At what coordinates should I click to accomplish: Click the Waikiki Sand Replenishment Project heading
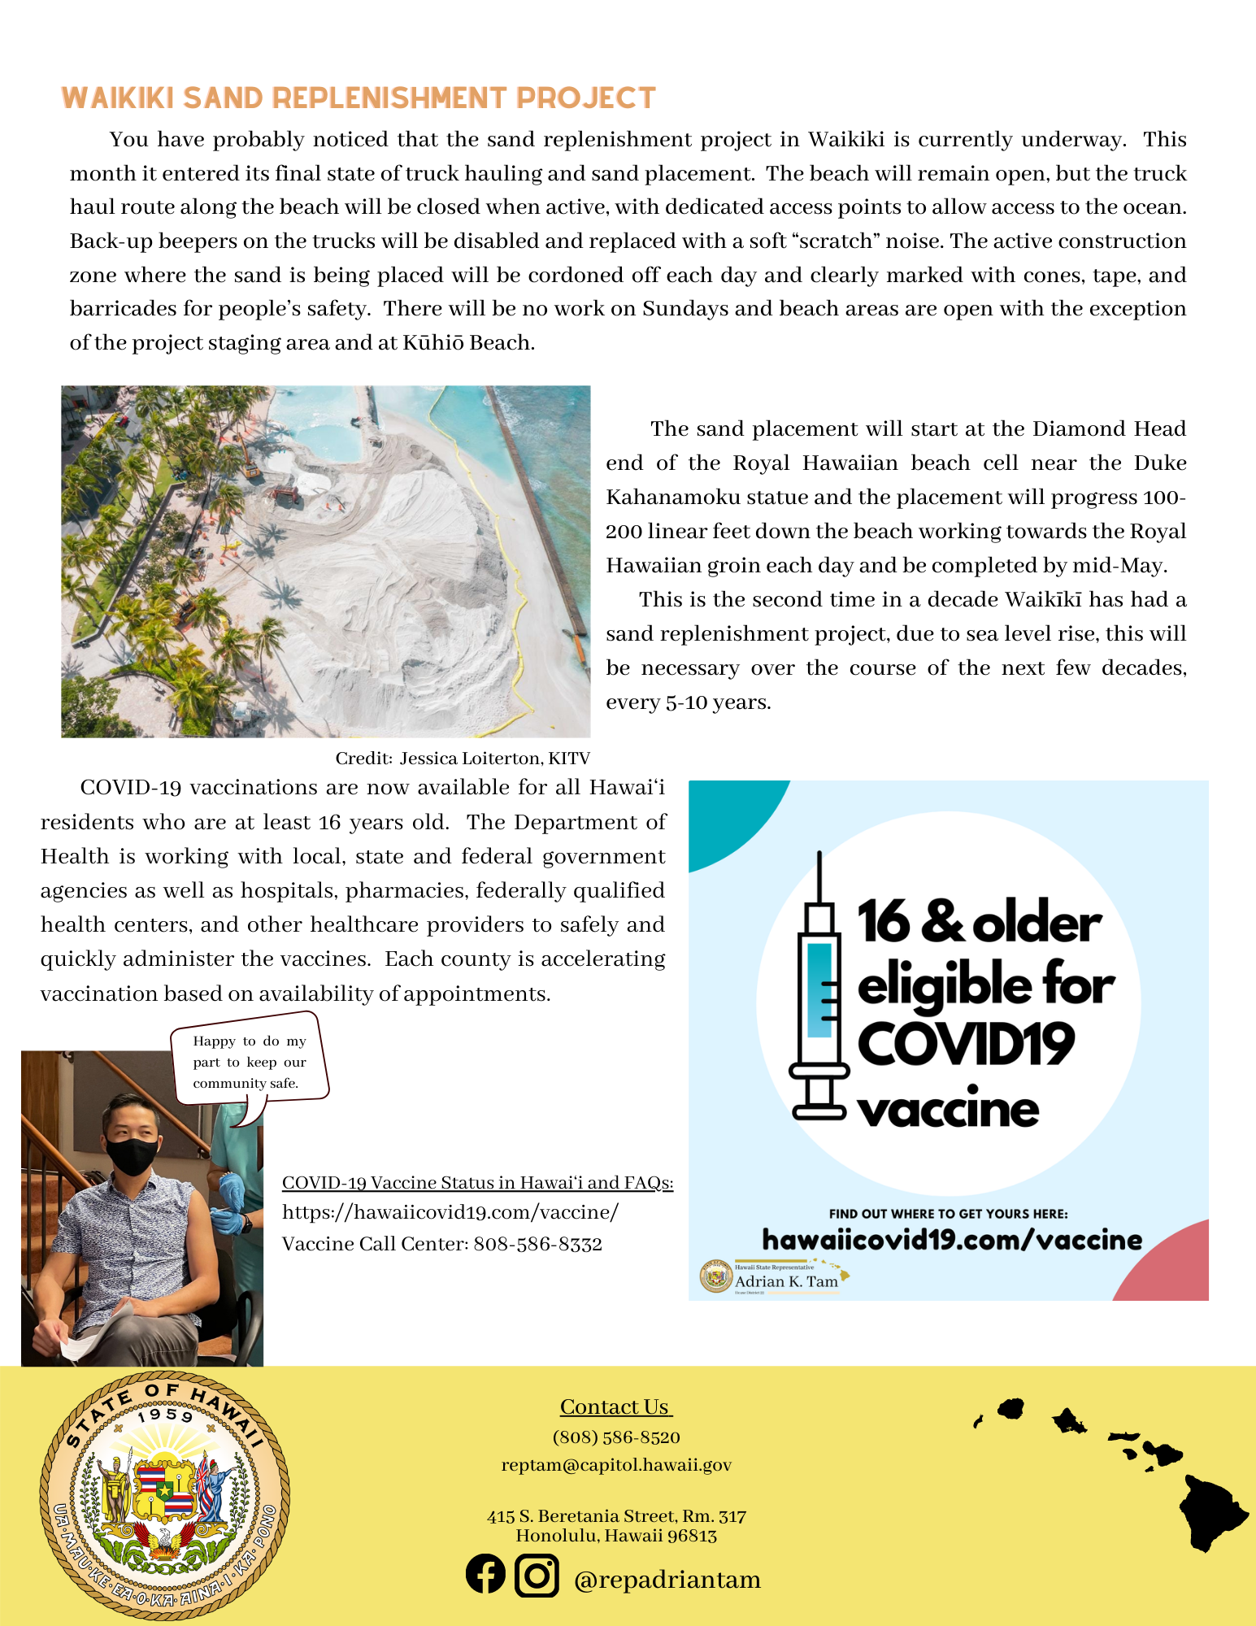(359, 98)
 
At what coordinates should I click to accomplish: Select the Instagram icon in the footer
(537, 1576)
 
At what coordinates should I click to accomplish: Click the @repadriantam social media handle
(667, 1580)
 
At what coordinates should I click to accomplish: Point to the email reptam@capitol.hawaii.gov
(616, 1465)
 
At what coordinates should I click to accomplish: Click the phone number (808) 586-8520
(616, 1437)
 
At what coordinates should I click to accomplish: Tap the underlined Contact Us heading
(615, 1407)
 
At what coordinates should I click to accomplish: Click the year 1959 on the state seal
(165, 1415)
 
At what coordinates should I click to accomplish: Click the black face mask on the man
(132, 1155)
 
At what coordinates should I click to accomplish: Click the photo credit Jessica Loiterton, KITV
(463, 759)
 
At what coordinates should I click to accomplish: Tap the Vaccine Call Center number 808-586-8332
(537, 1244)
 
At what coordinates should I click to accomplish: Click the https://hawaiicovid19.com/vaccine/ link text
(450, 1212)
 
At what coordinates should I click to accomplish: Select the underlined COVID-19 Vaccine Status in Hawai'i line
(477, 1183)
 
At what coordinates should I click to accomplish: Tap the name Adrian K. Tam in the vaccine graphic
(786, 1282)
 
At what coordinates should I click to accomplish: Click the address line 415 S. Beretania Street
(616, 1516)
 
